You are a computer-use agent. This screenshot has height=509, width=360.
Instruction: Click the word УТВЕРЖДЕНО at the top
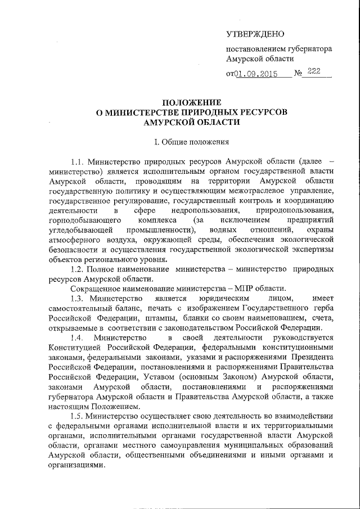pos(255,35)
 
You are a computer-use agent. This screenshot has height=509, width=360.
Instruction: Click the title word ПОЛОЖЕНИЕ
pos(192,102)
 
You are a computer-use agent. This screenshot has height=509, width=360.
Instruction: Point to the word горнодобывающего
pos(83,220)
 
